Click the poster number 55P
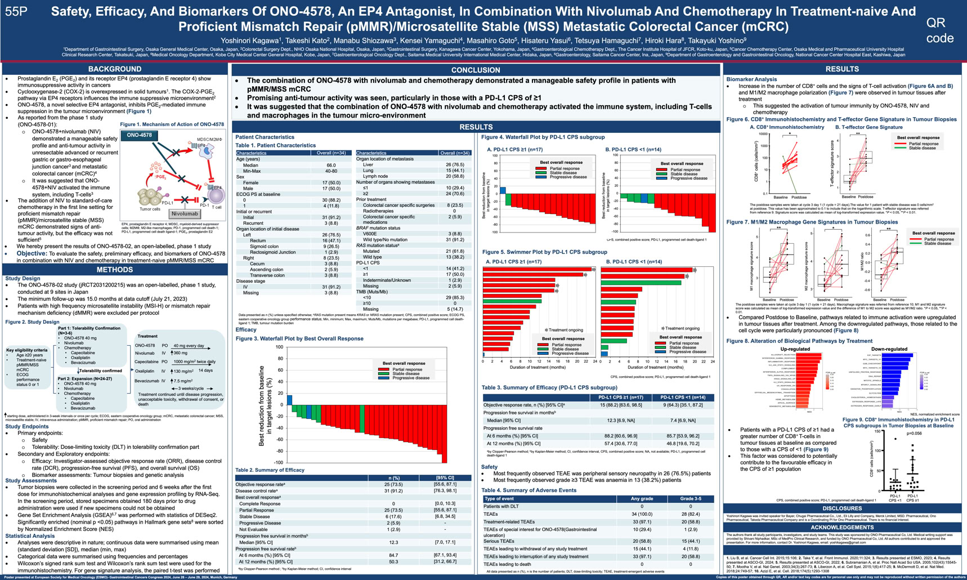tap(16, 11)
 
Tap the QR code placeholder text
tap(939, 30)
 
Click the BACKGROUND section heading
tap(115, 69)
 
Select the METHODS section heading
tap(115, 270)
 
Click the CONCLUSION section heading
tap(476, 70)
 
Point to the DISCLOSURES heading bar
tap(842, 508)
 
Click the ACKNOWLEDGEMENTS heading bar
tap(842, 528)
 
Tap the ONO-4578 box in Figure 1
tap(139, 135)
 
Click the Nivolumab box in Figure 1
tap(185, 214)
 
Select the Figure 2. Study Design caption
tap(32, 322)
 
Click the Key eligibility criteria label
tap(27, 350)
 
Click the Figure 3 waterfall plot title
tap(299, 338)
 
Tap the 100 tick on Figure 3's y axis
tap(279, 347)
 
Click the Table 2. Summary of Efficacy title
tap(270, 470)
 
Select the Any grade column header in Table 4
tap(642, 499)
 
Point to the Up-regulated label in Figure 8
tap(795, 349)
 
